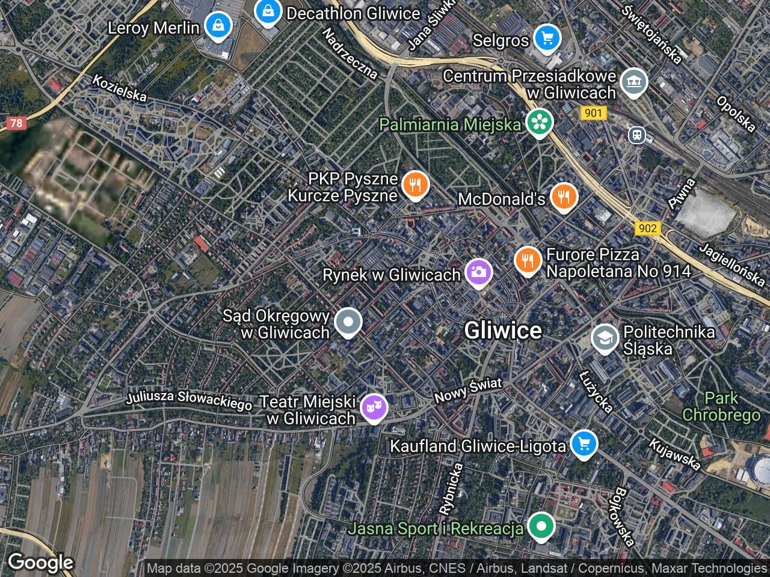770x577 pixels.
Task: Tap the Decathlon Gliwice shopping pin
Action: [x=267, y=11]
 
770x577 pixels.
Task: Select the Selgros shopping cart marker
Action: [x=547, y=38]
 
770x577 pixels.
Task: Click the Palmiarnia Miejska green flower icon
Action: [x=539, y=122]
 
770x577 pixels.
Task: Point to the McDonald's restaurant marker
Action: [x=563, y=196]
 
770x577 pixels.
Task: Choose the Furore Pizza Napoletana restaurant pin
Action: [x=528, y=260]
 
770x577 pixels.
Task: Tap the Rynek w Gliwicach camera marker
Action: [x=479, y=272]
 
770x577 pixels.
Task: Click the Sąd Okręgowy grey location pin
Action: [x=348, y=322]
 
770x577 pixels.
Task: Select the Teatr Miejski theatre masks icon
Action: [x=374, y=408]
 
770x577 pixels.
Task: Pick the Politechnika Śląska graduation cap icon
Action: [x=605, y=339]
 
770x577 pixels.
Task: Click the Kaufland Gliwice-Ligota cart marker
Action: [x=583, y=444]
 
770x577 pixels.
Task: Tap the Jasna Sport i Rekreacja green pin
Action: [x=541, y=527]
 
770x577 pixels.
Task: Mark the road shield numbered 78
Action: [x=16, y=123]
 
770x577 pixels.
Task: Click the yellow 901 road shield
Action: [x=593, y=112]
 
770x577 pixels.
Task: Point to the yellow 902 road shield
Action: [x=647, y=228]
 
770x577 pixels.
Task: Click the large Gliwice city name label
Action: [x=503, y=330]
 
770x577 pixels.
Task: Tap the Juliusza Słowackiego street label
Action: [x=189, y=400]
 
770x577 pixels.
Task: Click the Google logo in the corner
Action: [x=40, y=563]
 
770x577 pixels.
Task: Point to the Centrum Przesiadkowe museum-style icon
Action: [x=633, y=82]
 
